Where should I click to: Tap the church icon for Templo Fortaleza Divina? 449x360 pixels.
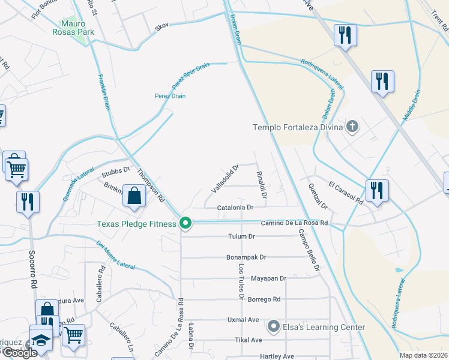[352, 127]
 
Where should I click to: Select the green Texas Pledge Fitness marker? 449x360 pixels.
[186, 224]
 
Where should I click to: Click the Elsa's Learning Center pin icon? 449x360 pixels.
[274, 327]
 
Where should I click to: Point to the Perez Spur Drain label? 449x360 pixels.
[190, 74]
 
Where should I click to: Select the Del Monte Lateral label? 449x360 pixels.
[115, 254]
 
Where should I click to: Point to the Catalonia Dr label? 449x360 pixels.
[236, 207]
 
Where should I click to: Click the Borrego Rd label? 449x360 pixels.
[265, 299]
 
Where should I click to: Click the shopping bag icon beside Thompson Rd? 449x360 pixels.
[134, 195]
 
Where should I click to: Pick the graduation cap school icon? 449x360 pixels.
[41, 340]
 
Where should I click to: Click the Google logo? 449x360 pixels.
[19, 353]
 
